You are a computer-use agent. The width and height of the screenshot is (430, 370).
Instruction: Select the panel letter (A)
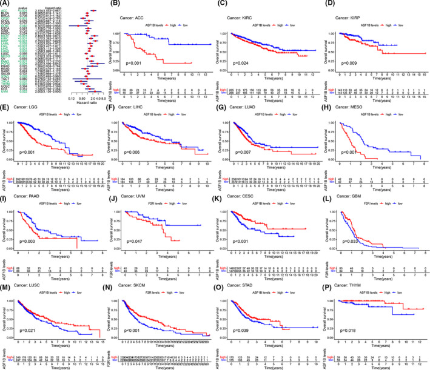(5, 5)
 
